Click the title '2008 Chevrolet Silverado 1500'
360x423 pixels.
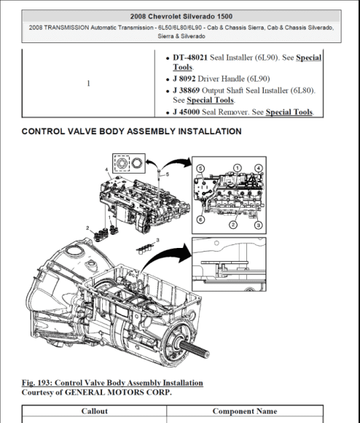[x=179, y=15]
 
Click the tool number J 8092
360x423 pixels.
[x=184, y=78]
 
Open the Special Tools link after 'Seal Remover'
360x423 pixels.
[x=289, y=112]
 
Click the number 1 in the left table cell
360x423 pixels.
[x=89, y=84]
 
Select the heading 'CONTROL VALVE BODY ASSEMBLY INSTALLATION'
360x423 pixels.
[x=132, y=132]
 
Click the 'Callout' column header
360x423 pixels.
[x=94, y=411]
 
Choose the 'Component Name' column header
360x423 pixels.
[x=244, y=411]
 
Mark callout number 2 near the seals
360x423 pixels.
[x=88, y=228]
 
